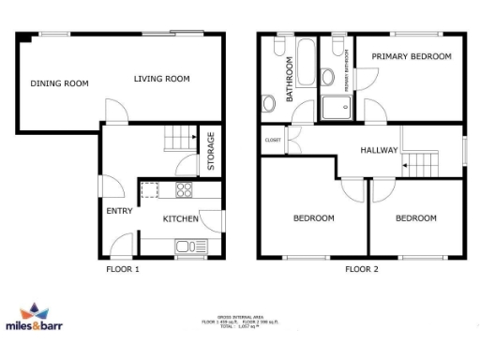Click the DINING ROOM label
click(59, 83)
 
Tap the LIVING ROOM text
click(161, 79)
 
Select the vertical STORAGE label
click(211, 150)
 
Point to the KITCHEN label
click(181, 219)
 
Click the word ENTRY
click(119, 211)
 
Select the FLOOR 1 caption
click(123, 270)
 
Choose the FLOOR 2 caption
click(361, 270)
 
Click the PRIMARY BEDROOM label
click(411, 57)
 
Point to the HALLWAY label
click(380, 150)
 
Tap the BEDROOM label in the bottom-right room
click(414, 218)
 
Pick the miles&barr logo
click(40, 324)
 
